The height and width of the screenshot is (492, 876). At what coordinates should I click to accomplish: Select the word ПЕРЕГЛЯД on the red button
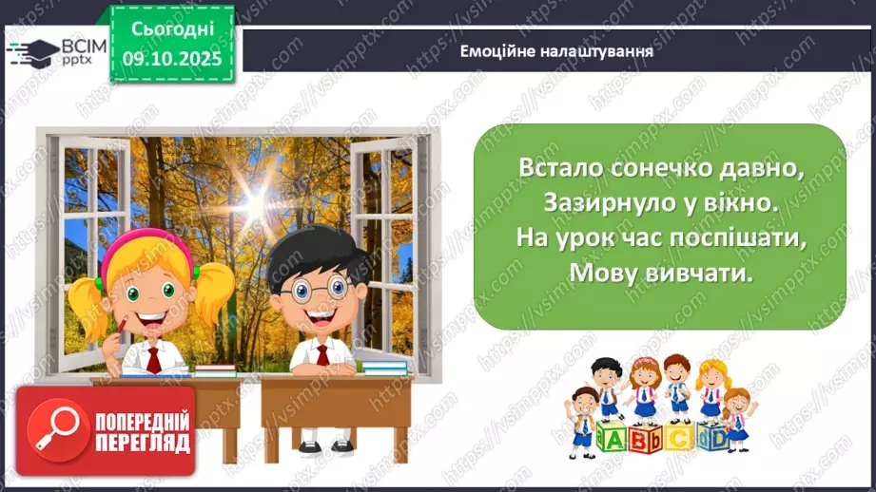point(141,444)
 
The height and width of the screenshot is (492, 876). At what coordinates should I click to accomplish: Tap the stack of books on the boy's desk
point(385,367)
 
